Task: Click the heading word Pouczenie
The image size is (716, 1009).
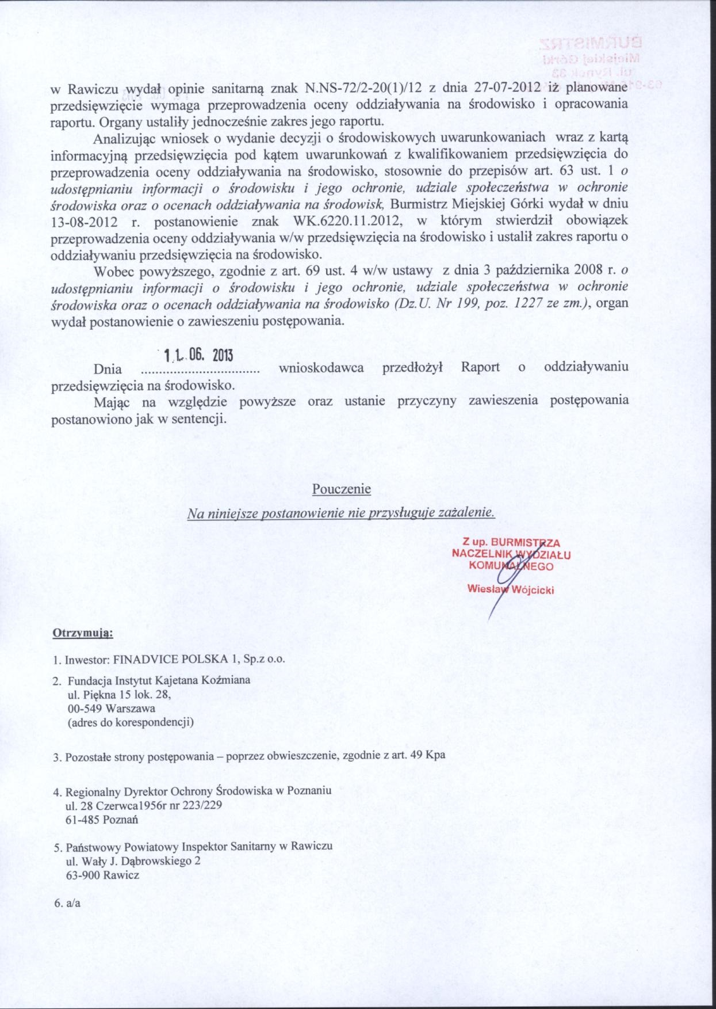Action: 341,489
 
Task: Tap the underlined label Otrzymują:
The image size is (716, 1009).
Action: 83,634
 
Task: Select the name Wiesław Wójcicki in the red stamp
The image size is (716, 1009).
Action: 511,589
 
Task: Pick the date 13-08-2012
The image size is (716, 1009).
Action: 85,222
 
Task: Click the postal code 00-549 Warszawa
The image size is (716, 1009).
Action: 111,708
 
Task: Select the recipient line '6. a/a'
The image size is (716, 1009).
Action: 67,903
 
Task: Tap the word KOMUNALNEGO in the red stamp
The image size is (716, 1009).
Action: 511,566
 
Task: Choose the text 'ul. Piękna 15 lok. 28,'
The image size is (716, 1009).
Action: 119,694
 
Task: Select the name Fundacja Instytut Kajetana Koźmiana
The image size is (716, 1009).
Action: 159,680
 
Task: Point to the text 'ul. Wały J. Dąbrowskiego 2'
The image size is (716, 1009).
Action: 133,861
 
